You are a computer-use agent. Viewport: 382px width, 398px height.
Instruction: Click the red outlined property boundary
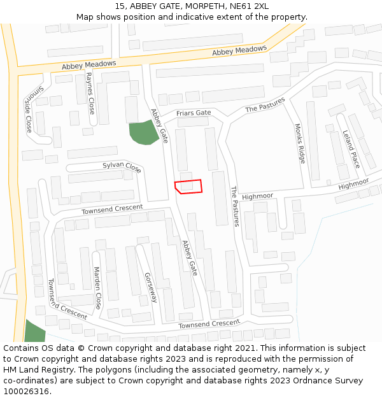pos(188,186)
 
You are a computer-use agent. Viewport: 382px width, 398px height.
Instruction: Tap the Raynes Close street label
pos(90,94)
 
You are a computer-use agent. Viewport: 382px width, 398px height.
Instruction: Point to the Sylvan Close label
pos(122,167)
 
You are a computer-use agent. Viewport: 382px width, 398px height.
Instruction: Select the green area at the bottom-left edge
pos(34,332)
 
